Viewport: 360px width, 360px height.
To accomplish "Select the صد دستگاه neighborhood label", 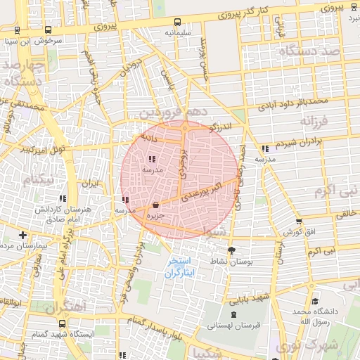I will pos(309,51).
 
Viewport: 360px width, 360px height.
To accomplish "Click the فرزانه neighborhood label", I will pos(315,122).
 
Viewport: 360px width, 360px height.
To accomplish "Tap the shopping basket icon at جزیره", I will pos(155,205).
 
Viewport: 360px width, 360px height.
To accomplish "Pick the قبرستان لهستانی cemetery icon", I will pos(233,314).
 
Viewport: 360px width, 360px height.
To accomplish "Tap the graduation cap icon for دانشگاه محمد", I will pos(314,300).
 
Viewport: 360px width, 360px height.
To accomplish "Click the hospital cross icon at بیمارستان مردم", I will pos(23,235).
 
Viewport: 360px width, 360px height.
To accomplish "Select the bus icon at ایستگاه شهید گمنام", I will pos(63,324).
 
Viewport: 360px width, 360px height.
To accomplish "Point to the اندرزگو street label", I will pos(224,127).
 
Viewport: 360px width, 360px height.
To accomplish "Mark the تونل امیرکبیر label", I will pos(42,150).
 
